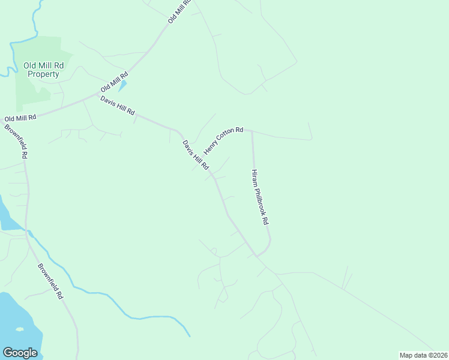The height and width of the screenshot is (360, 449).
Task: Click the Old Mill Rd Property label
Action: pos(41,70)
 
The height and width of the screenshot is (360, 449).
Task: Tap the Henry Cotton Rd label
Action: pos(223,140)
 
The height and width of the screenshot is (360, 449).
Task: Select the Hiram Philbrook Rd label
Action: pos(259,197)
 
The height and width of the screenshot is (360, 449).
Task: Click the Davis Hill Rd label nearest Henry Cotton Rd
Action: pos(196,154)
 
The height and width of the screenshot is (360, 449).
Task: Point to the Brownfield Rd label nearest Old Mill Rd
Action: pos(16,142)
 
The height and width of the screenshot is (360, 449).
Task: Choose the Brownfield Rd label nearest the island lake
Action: pos(50,281)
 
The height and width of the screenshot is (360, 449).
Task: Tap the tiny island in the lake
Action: pos(20,329)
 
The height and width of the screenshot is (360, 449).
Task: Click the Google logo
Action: pos(20,353)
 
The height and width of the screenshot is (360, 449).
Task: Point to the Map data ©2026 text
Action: pos(423,355)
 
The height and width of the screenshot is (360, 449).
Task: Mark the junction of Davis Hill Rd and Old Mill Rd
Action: pos(98,94)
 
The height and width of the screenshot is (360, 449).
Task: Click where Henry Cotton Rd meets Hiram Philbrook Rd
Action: pos(252,130)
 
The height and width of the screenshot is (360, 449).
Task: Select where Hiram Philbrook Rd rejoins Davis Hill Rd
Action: pos(258,256)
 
